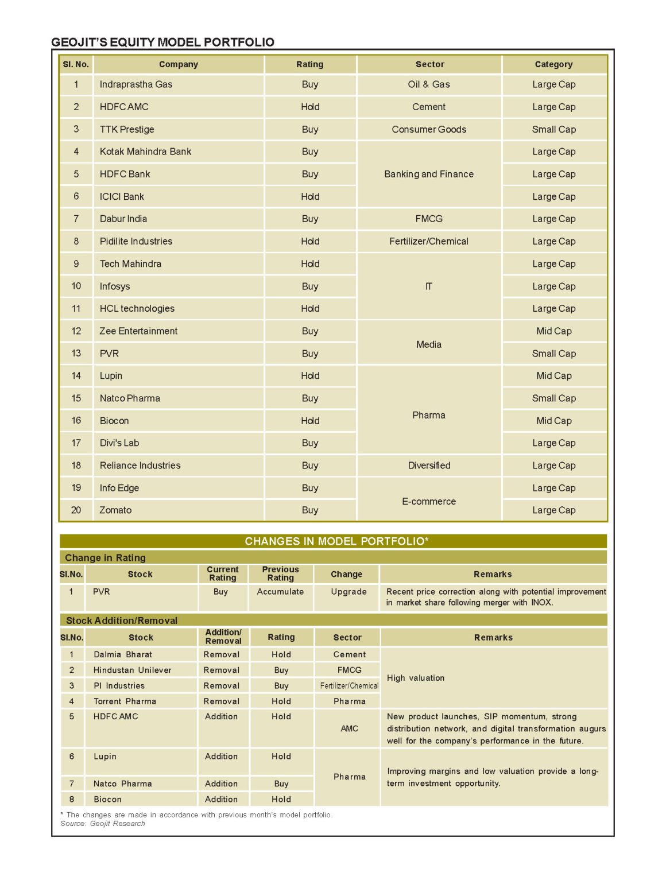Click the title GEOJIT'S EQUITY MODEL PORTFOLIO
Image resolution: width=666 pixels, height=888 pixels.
(x=162, y=42)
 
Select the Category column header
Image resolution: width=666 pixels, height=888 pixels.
(x=553, y=64)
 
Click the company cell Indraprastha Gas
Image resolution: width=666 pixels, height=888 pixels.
(x=136, y=84)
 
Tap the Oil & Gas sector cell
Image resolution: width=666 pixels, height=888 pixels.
(x=429, y=84)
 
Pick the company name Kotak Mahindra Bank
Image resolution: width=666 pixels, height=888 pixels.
(x=145, y=152)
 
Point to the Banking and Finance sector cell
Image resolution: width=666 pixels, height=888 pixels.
(x=429, y=174)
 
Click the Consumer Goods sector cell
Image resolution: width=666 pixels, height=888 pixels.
(x=429, y=129)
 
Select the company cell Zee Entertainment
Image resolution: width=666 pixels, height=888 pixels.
(x=138, y=331)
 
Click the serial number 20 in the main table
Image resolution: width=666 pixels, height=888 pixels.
(x=76, y=510)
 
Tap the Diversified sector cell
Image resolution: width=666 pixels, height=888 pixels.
(x=429, y=466)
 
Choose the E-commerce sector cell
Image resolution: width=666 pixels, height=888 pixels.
(x=429, y=501)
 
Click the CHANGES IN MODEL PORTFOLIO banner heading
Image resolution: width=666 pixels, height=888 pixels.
(x=336, y=541)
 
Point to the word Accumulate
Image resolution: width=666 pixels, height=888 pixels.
(x=280, y=592)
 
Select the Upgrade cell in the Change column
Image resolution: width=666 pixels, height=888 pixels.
(x=349, y=592)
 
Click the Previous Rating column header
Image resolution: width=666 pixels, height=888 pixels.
(x=280, y=573)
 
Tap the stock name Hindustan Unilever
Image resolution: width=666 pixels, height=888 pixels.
(x=133, y=670)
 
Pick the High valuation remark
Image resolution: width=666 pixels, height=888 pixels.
(x=416, y=678)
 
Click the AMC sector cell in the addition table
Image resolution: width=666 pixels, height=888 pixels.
(x=349, y=728)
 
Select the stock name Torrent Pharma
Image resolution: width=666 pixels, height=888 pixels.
(x=125, y=701)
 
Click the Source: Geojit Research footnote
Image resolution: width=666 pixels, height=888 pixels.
(x=103, y=824)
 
